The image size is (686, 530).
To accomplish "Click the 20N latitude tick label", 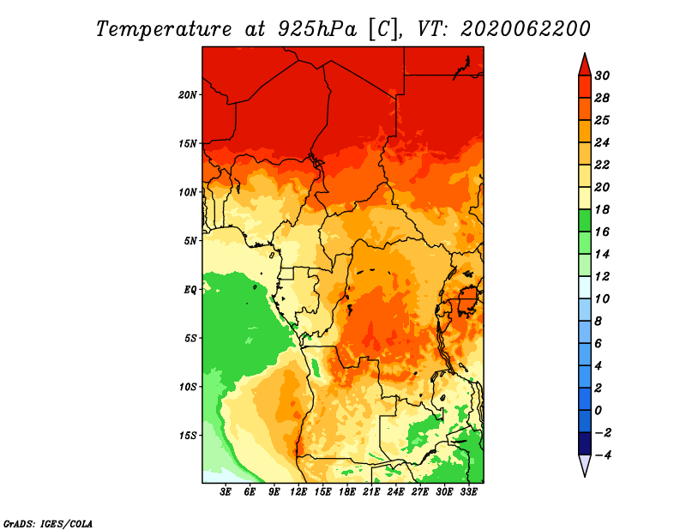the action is click(x=188, y=94).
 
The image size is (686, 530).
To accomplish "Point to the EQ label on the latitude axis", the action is click(x=190, y=290).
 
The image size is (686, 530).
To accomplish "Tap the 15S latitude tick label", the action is click(x=188, y=436).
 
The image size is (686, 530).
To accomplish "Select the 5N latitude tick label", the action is click(x=190, y=241).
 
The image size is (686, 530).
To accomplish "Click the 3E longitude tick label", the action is click(x=226, y=492).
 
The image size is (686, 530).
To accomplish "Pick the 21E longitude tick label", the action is click(x=371, y=492).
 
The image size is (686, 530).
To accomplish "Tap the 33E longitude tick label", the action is click(x=468, y=492).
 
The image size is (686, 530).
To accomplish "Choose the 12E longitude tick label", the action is click(x=298, y=492).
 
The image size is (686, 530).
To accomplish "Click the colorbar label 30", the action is click(x=602, y=75).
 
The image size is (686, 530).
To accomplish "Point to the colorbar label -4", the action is click(x=603, y=455).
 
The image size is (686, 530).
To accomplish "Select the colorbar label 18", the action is click(x=602, y=209).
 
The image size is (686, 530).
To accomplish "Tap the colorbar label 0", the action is click(x=598, y=411).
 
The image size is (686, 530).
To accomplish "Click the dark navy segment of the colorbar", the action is click(x=585, y=443).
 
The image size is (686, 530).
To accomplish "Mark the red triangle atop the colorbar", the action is click(x=585, y=65).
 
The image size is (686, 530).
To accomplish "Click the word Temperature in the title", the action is click(x=163, y=29).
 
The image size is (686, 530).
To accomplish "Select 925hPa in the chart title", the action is click(x=316, y=29).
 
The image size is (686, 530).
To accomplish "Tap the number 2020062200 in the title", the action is click(x=525, y=29).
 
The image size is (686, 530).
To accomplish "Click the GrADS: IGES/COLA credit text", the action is click(x=48, y=523).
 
